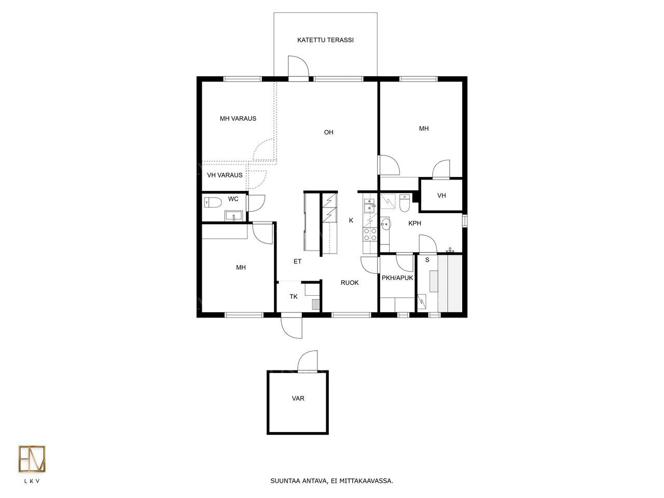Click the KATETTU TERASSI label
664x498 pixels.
(325, 40)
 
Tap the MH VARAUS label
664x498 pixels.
(238, 118)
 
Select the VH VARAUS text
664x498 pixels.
(225, 175)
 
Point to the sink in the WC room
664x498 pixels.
(233, 216)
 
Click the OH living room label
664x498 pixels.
(328, 132)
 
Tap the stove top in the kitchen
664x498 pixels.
(370, 234)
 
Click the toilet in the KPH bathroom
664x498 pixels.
(404, 203)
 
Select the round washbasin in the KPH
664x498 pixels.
(386, 224)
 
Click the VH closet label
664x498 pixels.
(441, 196)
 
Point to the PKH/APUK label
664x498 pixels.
(397, 278)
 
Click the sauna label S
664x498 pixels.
(427, 260)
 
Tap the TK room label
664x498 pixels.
(294, 297)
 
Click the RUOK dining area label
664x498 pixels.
(350, 283)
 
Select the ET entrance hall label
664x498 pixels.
(297, 261)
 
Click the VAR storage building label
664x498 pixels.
(298, 398)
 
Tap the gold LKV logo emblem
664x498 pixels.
(32, 463)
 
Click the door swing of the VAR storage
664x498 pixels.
(307, 361)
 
